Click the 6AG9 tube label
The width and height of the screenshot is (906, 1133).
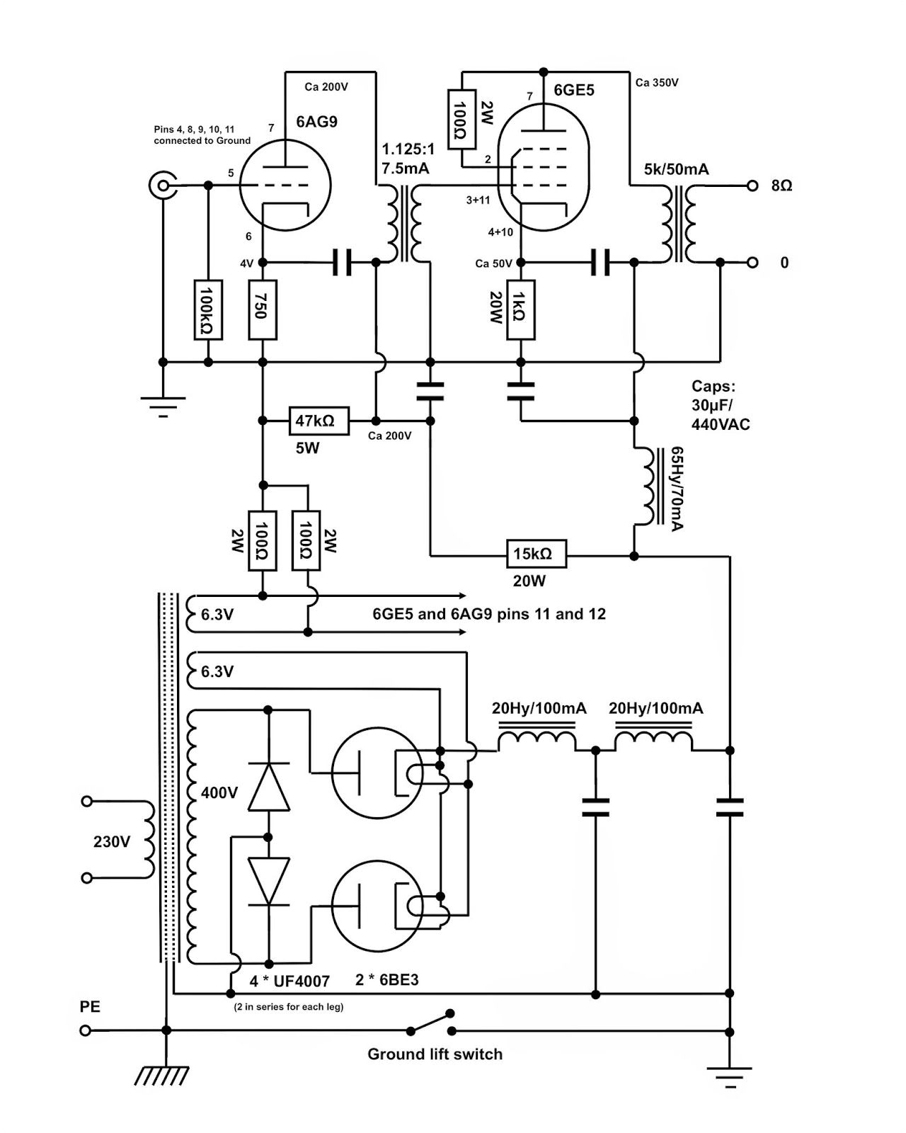pyautogui.click(x=316, y=122)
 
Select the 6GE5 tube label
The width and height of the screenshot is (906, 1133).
pyautogui.click(x=573, y=91)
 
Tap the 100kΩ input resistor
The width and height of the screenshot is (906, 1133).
pyautogui.click(x=207, y=309)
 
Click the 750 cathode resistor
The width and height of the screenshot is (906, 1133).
pyautogui.click(x=263, y=309)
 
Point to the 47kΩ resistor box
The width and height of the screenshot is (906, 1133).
pyautogui.click(x=319, y=421)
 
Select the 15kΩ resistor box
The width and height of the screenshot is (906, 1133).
pyautogui.click(x=537, y=554)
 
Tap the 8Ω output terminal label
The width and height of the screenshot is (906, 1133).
pyautogui.click(x=781, y=186)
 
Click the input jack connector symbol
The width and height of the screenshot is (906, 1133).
pyautogui.click(x=162, y=186)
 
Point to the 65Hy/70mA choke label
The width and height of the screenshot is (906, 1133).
pyautogui.click(x=676, y=489)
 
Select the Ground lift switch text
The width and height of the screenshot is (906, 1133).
pyautogui.click(x=435, y=1054)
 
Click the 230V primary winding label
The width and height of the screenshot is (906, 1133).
pyautogui.click(x=112, y=842)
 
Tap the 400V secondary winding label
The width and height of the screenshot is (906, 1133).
pyautogui.click(x=219, y=792)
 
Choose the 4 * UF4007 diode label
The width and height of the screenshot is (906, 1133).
pyautogui.click(x=289, y=981)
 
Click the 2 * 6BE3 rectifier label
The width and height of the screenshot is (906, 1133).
pyautogui.click(x=386, y=981)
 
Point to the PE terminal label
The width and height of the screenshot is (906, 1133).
pyautogui.click(x=90, y=1006)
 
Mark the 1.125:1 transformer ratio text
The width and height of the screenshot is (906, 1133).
pyautogui.click(x=408, y=149)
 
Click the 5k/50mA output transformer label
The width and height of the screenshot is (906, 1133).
pyautogui.click(x=676, y=170)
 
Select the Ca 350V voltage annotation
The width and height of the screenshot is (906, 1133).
pyautogui.click(x=657, y=83)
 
